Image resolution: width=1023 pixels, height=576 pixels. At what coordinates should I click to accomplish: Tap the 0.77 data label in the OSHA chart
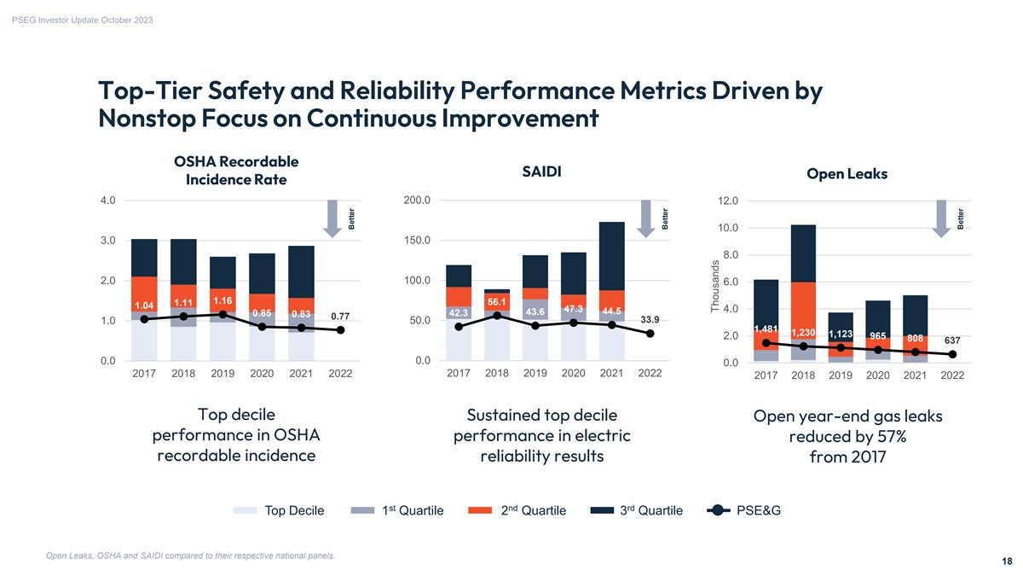pos(341,316)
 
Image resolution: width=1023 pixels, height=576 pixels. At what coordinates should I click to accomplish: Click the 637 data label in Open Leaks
pos(951,340)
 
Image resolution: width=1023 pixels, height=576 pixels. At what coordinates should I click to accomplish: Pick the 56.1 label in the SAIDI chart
pos(497,301)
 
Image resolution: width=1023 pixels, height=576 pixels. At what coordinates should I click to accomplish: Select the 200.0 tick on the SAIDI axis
pos(416,201)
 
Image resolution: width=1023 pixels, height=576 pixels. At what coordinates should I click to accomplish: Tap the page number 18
pos(1008,561)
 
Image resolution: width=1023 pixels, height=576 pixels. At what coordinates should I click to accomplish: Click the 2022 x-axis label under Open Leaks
pos(951,376)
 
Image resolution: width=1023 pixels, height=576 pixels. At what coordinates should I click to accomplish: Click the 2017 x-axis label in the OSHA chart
pos(144,374)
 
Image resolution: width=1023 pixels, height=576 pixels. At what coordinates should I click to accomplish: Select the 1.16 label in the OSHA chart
pos(223,300)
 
